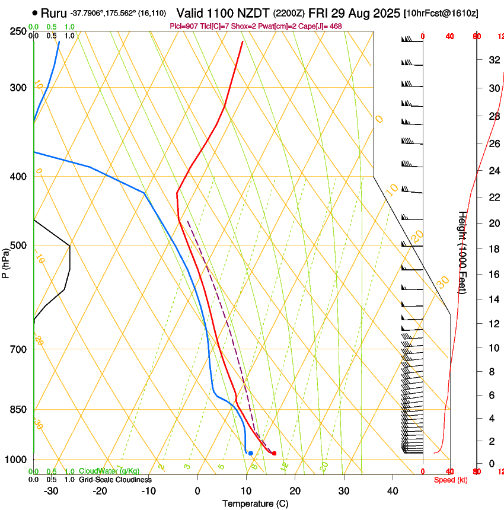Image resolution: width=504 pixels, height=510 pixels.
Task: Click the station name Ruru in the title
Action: (x=53, y=12)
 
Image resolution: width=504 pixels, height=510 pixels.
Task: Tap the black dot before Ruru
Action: (x=36, y=12)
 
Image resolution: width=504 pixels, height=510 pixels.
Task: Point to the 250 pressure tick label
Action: (x=18, y=31)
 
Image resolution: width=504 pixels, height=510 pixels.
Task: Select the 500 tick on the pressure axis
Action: (x=18, y=246)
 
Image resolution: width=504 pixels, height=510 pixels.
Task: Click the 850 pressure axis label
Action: (x=18, y=410)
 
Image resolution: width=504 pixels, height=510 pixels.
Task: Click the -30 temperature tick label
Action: (x=51, y=491)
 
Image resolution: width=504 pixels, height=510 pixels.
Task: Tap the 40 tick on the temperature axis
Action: (x=393, y=491)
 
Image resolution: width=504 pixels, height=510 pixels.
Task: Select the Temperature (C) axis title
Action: (x=255, y=503)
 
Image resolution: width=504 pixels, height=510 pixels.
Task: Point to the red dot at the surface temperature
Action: (x=274, y=454)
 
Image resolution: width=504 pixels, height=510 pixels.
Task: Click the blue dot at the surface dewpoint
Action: (x=251, y=453)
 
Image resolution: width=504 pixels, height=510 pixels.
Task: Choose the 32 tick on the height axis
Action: (x=493, y=60)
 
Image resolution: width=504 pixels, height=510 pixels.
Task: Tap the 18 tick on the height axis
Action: (x=493, y=248)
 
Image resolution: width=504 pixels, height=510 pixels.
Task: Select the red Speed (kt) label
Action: (x=451, y=480)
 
